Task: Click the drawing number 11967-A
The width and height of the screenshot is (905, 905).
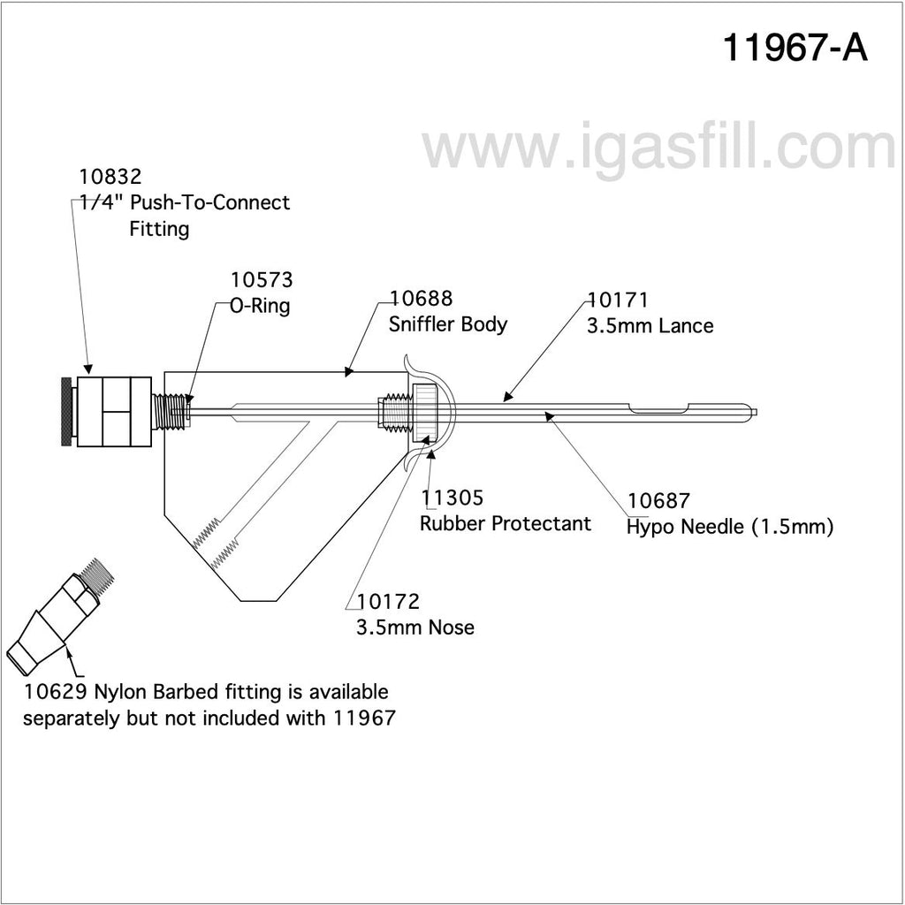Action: pos(795,49)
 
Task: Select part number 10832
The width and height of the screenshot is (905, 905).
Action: pos(110,176)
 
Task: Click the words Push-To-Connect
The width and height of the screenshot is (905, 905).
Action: pos(210,203)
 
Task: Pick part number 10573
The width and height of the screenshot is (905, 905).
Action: pos(262,280)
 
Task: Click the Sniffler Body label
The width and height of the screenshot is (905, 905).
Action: pos(448,324)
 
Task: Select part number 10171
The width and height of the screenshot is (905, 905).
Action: pos(618,300)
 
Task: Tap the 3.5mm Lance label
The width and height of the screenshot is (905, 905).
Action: pos(650,326)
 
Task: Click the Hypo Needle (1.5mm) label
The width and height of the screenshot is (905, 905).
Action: pos(730,529)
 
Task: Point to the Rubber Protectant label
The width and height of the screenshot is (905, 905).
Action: pos(506,524)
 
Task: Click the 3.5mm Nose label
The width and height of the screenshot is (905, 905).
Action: pos(415,628)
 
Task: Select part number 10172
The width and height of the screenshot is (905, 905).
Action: pos(388,603)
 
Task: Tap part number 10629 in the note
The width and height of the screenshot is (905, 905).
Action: pos(54,692)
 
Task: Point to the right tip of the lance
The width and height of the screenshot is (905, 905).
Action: pos(765,411)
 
